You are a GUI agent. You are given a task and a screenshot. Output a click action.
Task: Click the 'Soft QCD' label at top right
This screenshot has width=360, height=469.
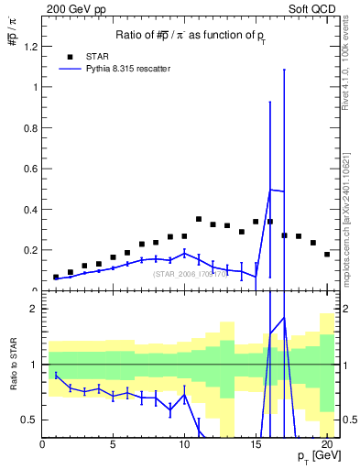click(x=315, y=8)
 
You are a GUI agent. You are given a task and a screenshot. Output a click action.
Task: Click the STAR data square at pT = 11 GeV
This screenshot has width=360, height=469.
click(x=199, y=219)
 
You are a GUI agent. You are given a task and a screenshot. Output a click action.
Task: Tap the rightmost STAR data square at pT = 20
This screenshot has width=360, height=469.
click(x=327, y=254)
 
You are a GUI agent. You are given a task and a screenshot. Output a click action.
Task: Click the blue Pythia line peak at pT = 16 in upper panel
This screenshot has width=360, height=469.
click(x=270, y=190)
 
